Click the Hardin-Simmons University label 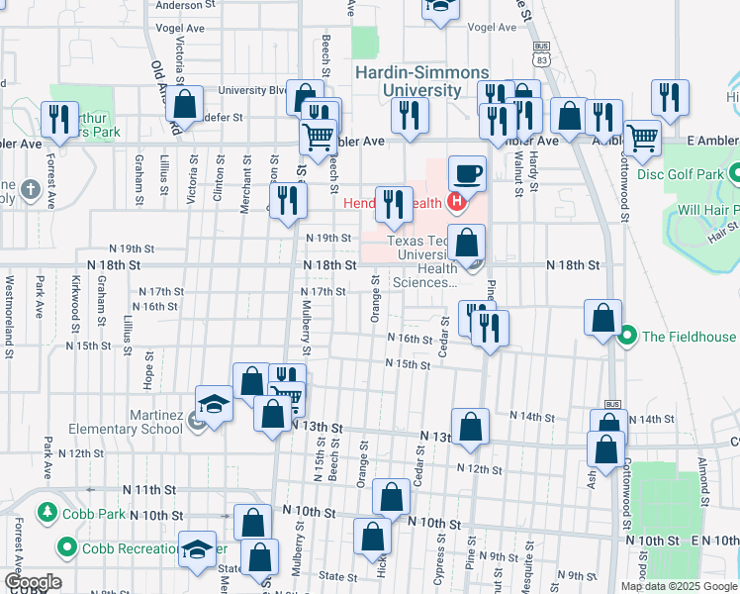tap(407, 81)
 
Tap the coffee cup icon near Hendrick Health tap(468, 173)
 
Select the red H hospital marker tap(456, 205)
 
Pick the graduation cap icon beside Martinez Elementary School tap(214, 403)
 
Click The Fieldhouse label tap(689, 337)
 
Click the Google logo tap(33, 582)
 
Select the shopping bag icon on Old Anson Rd tap(184, 103)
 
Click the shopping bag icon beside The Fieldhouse tap(602, 318)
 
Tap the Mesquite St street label tap(532, 557)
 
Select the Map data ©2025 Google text tap(678, 585)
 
